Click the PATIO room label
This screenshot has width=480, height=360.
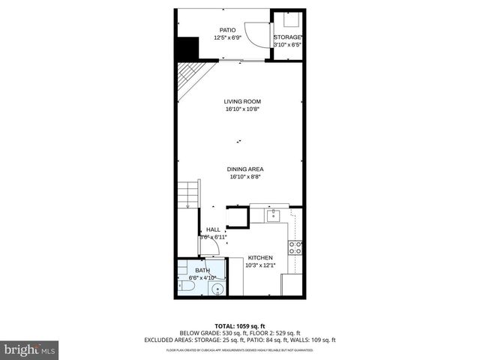click(227, 30)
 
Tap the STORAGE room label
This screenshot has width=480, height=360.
click(287, 37)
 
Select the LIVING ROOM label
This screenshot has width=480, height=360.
click(242, 101)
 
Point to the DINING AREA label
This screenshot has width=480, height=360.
click(245, 169)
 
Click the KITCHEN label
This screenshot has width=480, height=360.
click(260, 257)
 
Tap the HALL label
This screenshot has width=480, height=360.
click(213, 229)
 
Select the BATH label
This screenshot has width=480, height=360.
click(202, 270)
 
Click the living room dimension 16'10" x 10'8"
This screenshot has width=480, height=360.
click(242, 109)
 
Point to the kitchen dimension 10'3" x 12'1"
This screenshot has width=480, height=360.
click(260, 265)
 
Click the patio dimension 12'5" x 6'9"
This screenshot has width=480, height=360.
click(227, 37)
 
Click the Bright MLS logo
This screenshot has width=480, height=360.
click(29, 349)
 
